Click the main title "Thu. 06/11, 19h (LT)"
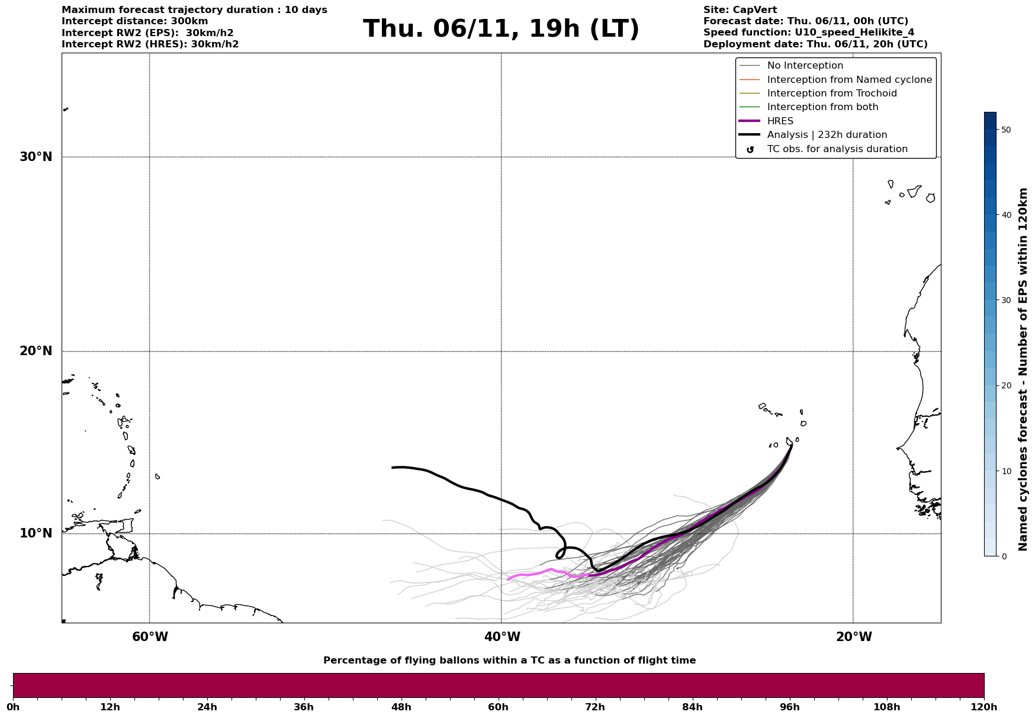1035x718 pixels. [501, 29]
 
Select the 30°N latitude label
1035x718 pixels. [36, 157]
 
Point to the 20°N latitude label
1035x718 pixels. [36, 351]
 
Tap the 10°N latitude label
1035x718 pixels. [36, 533]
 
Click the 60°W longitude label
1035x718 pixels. [150, 637]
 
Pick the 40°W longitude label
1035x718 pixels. [502, 637]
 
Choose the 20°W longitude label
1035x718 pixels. [853, 637]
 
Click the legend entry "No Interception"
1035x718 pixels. [805, 66]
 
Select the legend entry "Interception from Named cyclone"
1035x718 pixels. [849, 80]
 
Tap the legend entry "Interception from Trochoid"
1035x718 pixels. [831, 94]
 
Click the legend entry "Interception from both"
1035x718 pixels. [822, 107]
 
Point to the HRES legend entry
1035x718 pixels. [780, 121]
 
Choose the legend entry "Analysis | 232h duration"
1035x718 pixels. [827, 135]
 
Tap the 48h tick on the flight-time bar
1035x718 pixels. [401, 707]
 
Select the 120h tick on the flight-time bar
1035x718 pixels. [983, 707]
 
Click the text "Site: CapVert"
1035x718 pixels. [740, 10]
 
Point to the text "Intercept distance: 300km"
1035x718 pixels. [134, 21]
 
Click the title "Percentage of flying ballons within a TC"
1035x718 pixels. [509, 661]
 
